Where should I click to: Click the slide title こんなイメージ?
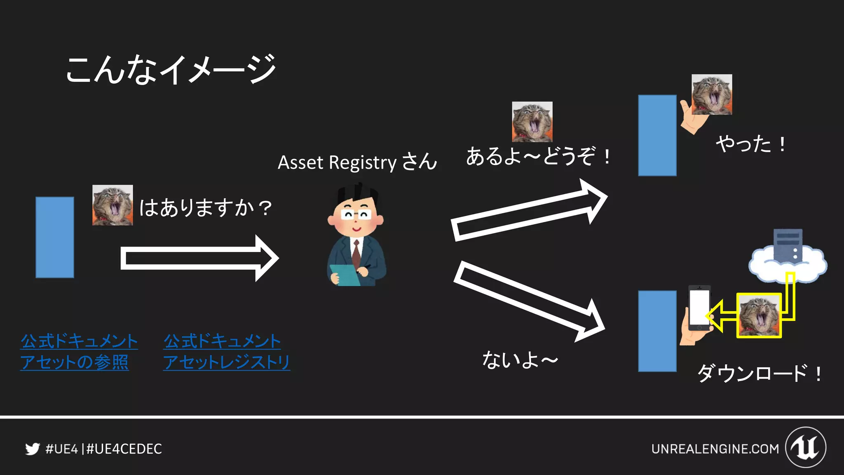click(171, 69)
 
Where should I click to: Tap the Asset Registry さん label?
click(357, 162)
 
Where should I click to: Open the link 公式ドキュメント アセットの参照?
click(78, 352)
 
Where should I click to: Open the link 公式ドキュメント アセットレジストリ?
click(226, 352)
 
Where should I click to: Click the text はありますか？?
click(205, 207)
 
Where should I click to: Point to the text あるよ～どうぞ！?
click(538, 157)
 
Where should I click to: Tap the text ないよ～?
click(520, 360)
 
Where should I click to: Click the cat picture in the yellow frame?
click(759, 315)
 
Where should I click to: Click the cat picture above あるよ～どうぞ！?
click(532, 122)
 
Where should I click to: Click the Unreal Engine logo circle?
click(805, 447)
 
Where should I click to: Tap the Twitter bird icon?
click(32, 449)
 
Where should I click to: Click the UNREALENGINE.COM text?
click(715, 449)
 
